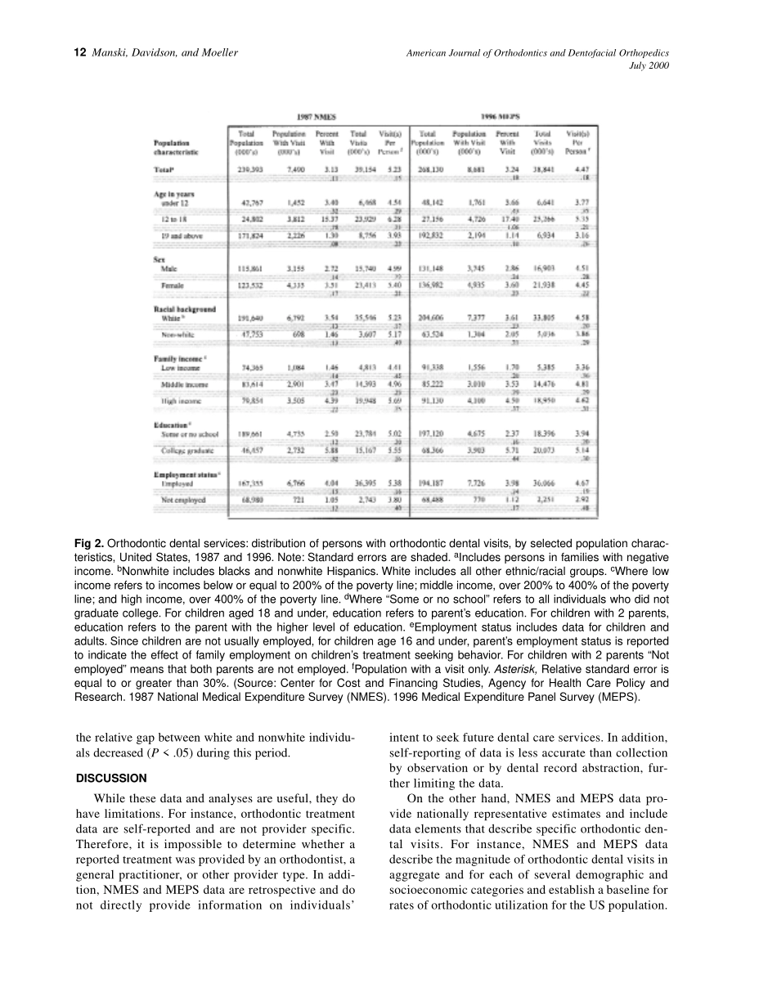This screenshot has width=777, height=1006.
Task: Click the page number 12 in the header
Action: click(79, 53)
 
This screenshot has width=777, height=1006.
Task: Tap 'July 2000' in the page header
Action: click(649, 66)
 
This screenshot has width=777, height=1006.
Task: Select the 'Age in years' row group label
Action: click(174, 194)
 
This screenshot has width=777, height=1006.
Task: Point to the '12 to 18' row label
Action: click(174, 220)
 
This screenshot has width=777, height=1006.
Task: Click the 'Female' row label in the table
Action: click(173, 284)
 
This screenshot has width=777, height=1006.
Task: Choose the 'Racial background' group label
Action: click(185, 309)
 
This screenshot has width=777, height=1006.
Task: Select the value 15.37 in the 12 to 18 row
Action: click(327, 220)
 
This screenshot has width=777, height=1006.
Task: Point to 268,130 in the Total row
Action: click(430, 169)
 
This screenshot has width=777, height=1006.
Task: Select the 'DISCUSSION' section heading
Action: click(111, 778)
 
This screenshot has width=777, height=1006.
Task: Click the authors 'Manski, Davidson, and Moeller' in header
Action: click(165, 53)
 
